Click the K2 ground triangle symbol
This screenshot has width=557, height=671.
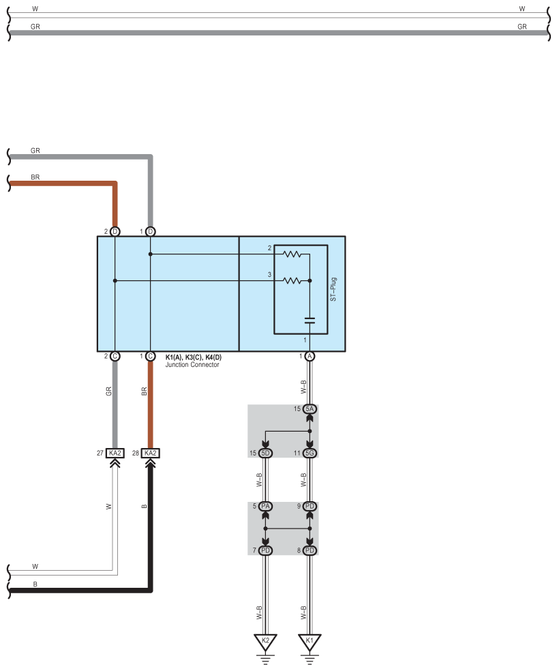click(265, 642)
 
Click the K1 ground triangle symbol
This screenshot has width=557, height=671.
click(310, 642)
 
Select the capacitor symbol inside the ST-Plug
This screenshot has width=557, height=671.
click(310, 320)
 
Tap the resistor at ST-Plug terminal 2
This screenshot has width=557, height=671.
click(292, 254)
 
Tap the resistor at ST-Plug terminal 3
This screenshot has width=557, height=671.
click(292, 281)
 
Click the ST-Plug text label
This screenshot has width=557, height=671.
click(333, 289)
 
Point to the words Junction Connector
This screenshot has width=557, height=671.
click(192, 365)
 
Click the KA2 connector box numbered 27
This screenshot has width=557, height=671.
click(115, 453)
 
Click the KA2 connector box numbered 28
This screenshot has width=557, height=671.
click(151, 453)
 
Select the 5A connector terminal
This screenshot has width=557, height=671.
click(310, 409)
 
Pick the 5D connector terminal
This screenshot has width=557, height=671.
click(265, 453)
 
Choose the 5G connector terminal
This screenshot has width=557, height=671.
click(310, 453)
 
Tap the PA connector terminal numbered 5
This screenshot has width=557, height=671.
click(265, 506)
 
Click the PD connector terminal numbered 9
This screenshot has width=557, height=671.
click(310, 506)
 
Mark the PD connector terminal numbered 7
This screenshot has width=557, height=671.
click(265, 550)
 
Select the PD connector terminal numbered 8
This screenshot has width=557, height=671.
click(310, 550)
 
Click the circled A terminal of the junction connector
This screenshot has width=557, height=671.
click(310, 356)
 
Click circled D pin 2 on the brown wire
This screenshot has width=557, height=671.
click(115, 232)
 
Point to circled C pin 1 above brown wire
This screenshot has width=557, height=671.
click(151, 356)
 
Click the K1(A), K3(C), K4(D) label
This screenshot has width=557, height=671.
click(194, 357)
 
